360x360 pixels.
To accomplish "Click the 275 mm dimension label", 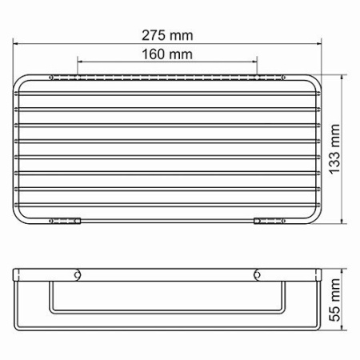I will (x=167, y=36).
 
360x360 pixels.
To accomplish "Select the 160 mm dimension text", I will (x=167, y=54).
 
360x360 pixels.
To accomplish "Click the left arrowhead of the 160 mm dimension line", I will (x=79, y=62).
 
